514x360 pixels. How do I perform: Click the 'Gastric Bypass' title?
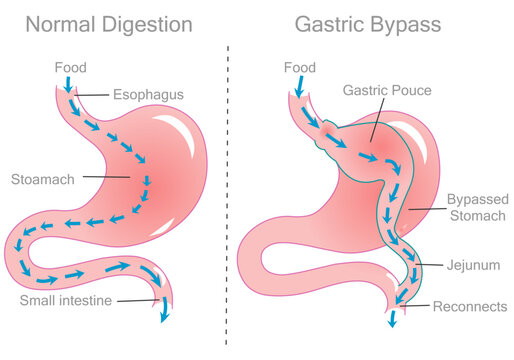point(368,24)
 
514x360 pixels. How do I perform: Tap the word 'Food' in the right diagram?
point(300,67)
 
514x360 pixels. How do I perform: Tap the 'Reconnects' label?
point(470,306)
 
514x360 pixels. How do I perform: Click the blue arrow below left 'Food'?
point(67,88)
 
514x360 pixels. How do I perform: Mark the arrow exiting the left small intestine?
point(164,312)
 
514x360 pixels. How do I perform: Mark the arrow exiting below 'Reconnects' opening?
point(392,318)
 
